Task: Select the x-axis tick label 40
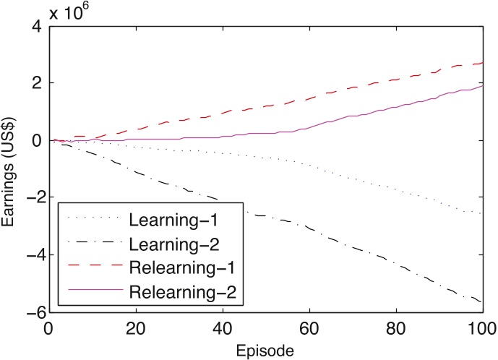[x=222, y=327]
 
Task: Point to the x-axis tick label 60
[x=309, y=327]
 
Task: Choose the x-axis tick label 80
[x=396, y=327]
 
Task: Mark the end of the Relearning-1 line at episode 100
[x=483, y=64]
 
